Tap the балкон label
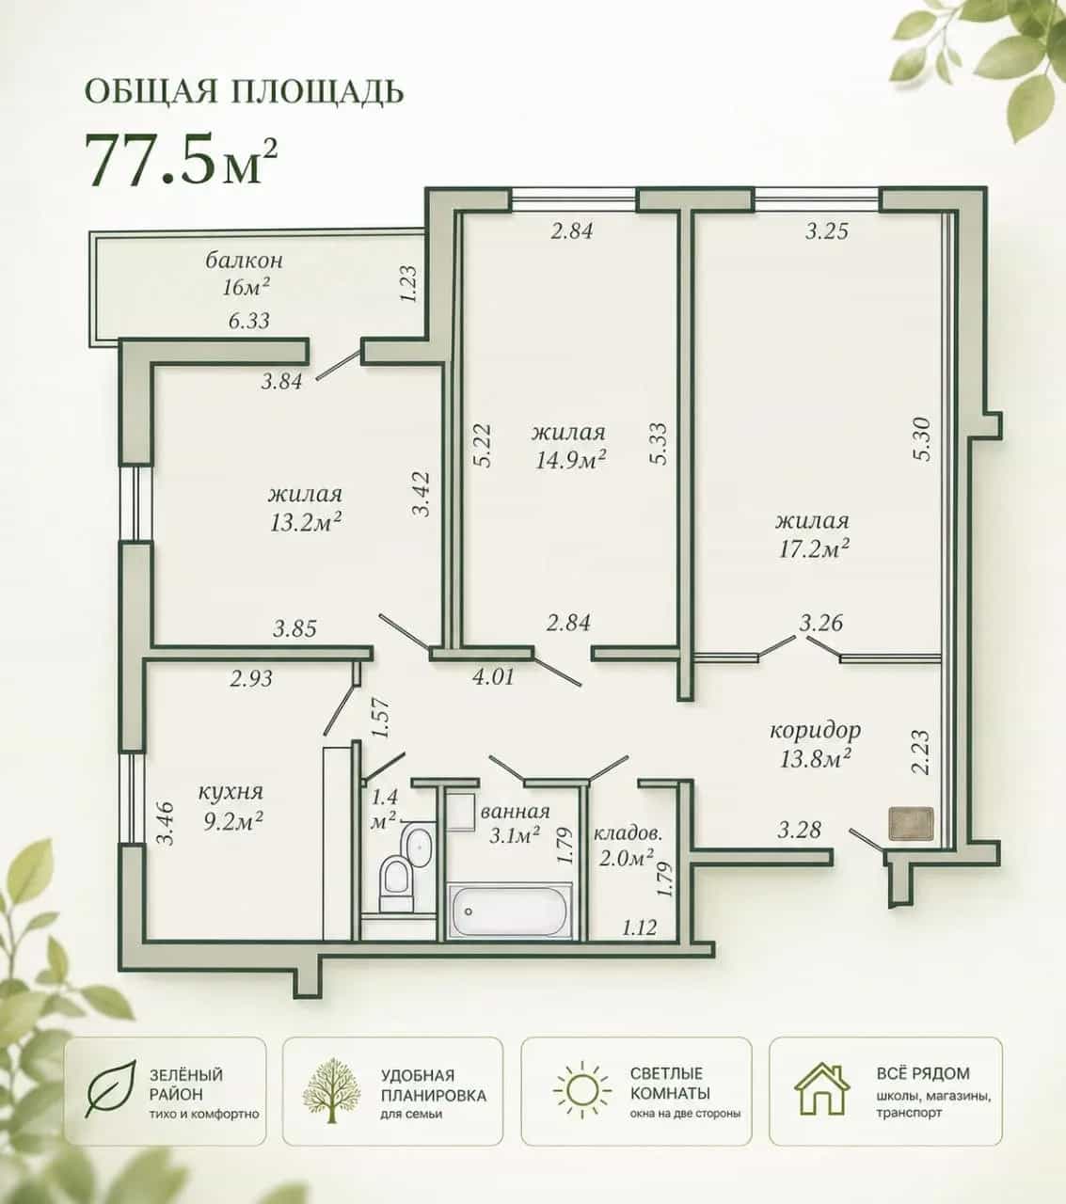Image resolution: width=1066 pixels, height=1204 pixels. click(244, 261)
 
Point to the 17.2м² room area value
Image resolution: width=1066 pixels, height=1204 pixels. click(813, 548)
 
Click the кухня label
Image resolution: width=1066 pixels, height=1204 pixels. click(231, 792)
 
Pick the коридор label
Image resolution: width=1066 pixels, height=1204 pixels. click(815, 730)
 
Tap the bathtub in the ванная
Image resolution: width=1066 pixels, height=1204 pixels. click(510, 911)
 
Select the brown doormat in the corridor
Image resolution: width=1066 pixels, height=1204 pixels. click(911, 824)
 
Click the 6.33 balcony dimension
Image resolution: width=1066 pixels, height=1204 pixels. click(249, 321)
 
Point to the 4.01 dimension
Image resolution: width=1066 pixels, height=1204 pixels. click(493, 677)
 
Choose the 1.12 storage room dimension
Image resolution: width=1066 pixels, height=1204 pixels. click(639, 927)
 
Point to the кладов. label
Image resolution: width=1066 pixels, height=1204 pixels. click(628, 833)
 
